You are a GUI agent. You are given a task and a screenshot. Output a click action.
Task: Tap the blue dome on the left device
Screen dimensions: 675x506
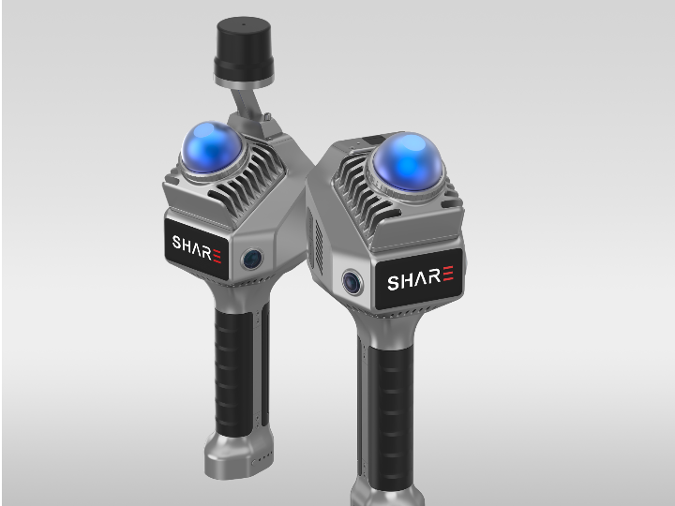[211, 147]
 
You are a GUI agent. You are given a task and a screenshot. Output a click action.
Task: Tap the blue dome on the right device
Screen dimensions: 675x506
[407, 161]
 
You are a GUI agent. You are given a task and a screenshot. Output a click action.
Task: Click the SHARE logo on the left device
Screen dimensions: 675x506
[197, 248]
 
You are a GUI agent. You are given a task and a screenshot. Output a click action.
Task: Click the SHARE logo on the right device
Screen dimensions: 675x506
[420, 278]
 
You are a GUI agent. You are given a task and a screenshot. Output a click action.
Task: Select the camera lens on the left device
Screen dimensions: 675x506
[252, 259]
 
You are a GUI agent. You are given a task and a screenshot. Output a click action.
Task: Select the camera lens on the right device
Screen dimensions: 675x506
[352, 282]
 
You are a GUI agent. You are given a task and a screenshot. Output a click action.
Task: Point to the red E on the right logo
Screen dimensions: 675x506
[448, 274]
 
